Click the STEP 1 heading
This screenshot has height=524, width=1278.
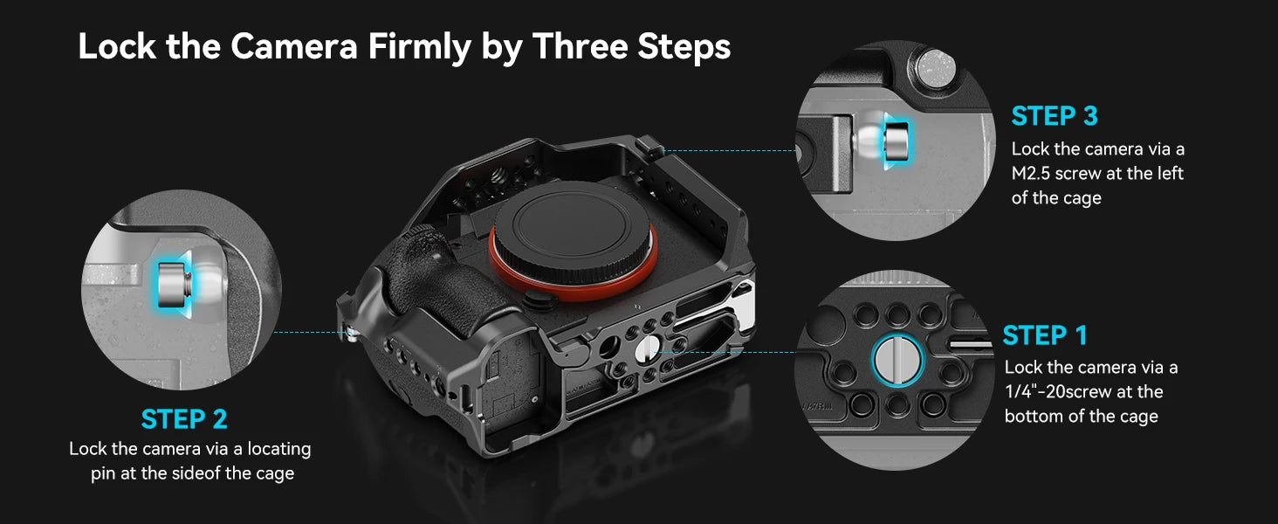pos(1045,335)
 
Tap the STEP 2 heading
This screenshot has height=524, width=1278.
pos(184,419)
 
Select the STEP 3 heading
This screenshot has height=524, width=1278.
pos(1055,116)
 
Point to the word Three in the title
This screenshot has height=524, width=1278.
pos(579,47)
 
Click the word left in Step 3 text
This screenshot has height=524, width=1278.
pos(1168,174)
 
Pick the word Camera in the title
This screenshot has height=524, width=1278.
pos(293,47)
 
